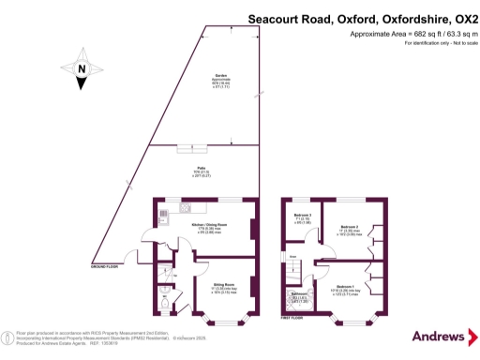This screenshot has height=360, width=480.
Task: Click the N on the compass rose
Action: tap(82, 67)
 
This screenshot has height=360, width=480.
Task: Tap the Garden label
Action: tap(222, 74)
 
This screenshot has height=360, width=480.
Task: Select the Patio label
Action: tap(200, 169)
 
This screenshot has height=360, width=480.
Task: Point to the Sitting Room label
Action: tap(223, 283)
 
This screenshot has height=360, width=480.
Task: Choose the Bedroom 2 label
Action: tap(350, 227)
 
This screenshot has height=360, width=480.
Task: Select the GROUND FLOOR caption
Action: tap(105, 267)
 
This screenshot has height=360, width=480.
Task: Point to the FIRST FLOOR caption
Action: tap(292, 318)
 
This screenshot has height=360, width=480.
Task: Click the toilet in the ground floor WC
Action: tap(165, 302)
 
